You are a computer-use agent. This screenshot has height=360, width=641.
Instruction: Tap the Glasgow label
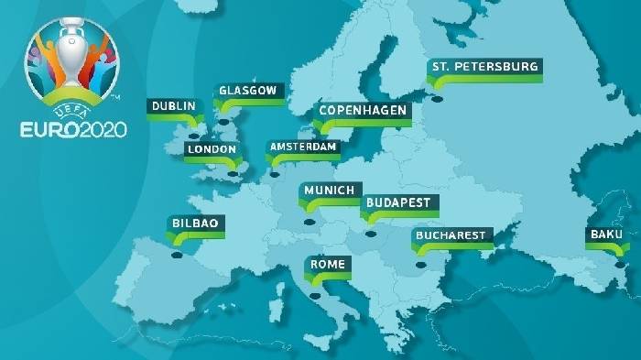pos(247,91)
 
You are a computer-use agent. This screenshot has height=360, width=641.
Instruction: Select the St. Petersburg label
pos(485,67)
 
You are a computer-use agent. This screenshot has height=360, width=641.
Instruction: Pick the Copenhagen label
pos(363,111)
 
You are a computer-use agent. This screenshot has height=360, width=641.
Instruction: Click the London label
pos(212,149)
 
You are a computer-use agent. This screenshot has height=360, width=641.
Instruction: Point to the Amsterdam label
pos(302,147)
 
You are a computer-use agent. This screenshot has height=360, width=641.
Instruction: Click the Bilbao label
pos(196,224)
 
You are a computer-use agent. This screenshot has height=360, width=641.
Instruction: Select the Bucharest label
pos(450,236)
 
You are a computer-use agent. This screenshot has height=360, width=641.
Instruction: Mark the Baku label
pos(606,235)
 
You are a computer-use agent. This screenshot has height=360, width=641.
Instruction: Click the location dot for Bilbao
pos(178,255)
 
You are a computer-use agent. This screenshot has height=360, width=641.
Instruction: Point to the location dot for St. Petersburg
pos(438,99)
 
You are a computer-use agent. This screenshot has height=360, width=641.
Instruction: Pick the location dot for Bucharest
pos(421,266)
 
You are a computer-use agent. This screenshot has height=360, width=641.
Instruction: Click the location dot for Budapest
pos(371,233)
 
